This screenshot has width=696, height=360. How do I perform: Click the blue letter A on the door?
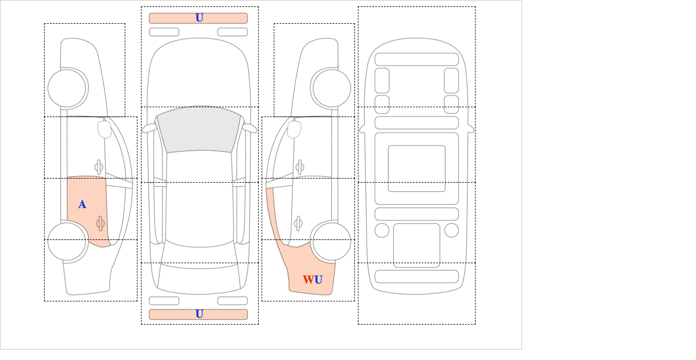click(x=82, y=205)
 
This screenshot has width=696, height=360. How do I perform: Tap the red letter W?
click(x=309, y=279)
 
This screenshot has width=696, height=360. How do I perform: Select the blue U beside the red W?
click(x=318, y=279)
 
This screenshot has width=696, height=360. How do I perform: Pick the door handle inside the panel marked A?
click(x=100, y=223)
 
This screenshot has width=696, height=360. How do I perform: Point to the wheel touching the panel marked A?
click(x=67, y=241)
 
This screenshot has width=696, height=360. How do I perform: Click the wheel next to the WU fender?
click(x=332, y=241)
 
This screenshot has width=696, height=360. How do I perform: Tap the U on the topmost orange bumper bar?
click(x=200, y=18)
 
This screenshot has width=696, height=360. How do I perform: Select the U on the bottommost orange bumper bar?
click(x=200, y=314)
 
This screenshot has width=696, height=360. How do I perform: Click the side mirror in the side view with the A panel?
click(x=104, y=129)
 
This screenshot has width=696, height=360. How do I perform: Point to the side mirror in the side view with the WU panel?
click(x=294, y=129)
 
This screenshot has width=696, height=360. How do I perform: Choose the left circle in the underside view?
click(x=382, y=231)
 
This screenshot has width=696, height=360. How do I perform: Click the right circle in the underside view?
click(x=451, y=231)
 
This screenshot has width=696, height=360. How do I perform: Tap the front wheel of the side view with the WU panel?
click(x=332, y=88)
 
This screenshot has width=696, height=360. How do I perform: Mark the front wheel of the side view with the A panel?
click(x=67, y=88)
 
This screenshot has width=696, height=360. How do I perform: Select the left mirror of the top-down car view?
click(x=149, y=128)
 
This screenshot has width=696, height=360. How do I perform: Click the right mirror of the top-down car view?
click(x=249, y=128)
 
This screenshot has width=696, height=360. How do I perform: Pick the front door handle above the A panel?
click(x=99, y=168)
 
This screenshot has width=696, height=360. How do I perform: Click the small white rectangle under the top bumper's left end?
click(x=164, y=32)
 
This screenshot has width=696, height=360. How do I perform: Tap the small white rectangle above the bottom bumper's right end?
click(x=233, y=301)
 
